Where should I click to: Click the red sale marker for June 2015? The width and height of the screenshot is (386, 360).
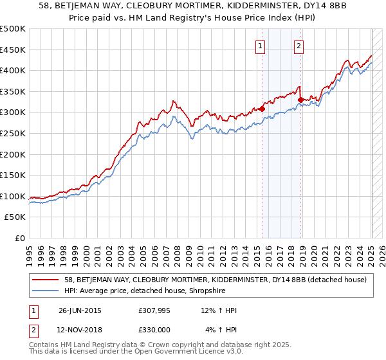(262, 109)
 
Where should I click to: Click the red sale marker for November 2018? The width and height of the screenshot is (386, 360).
(300, 100)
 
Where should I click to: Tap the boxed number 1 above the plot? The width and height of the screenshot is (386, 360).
(260, 46)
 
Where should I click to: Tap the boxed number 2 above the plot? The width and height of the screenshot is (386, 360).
(300, 46)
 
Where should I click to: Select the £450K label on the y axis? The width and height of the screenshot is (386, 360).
(13, 50)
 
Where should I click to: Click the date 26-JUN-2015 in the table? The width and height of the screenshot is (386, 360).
(80, 310)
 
